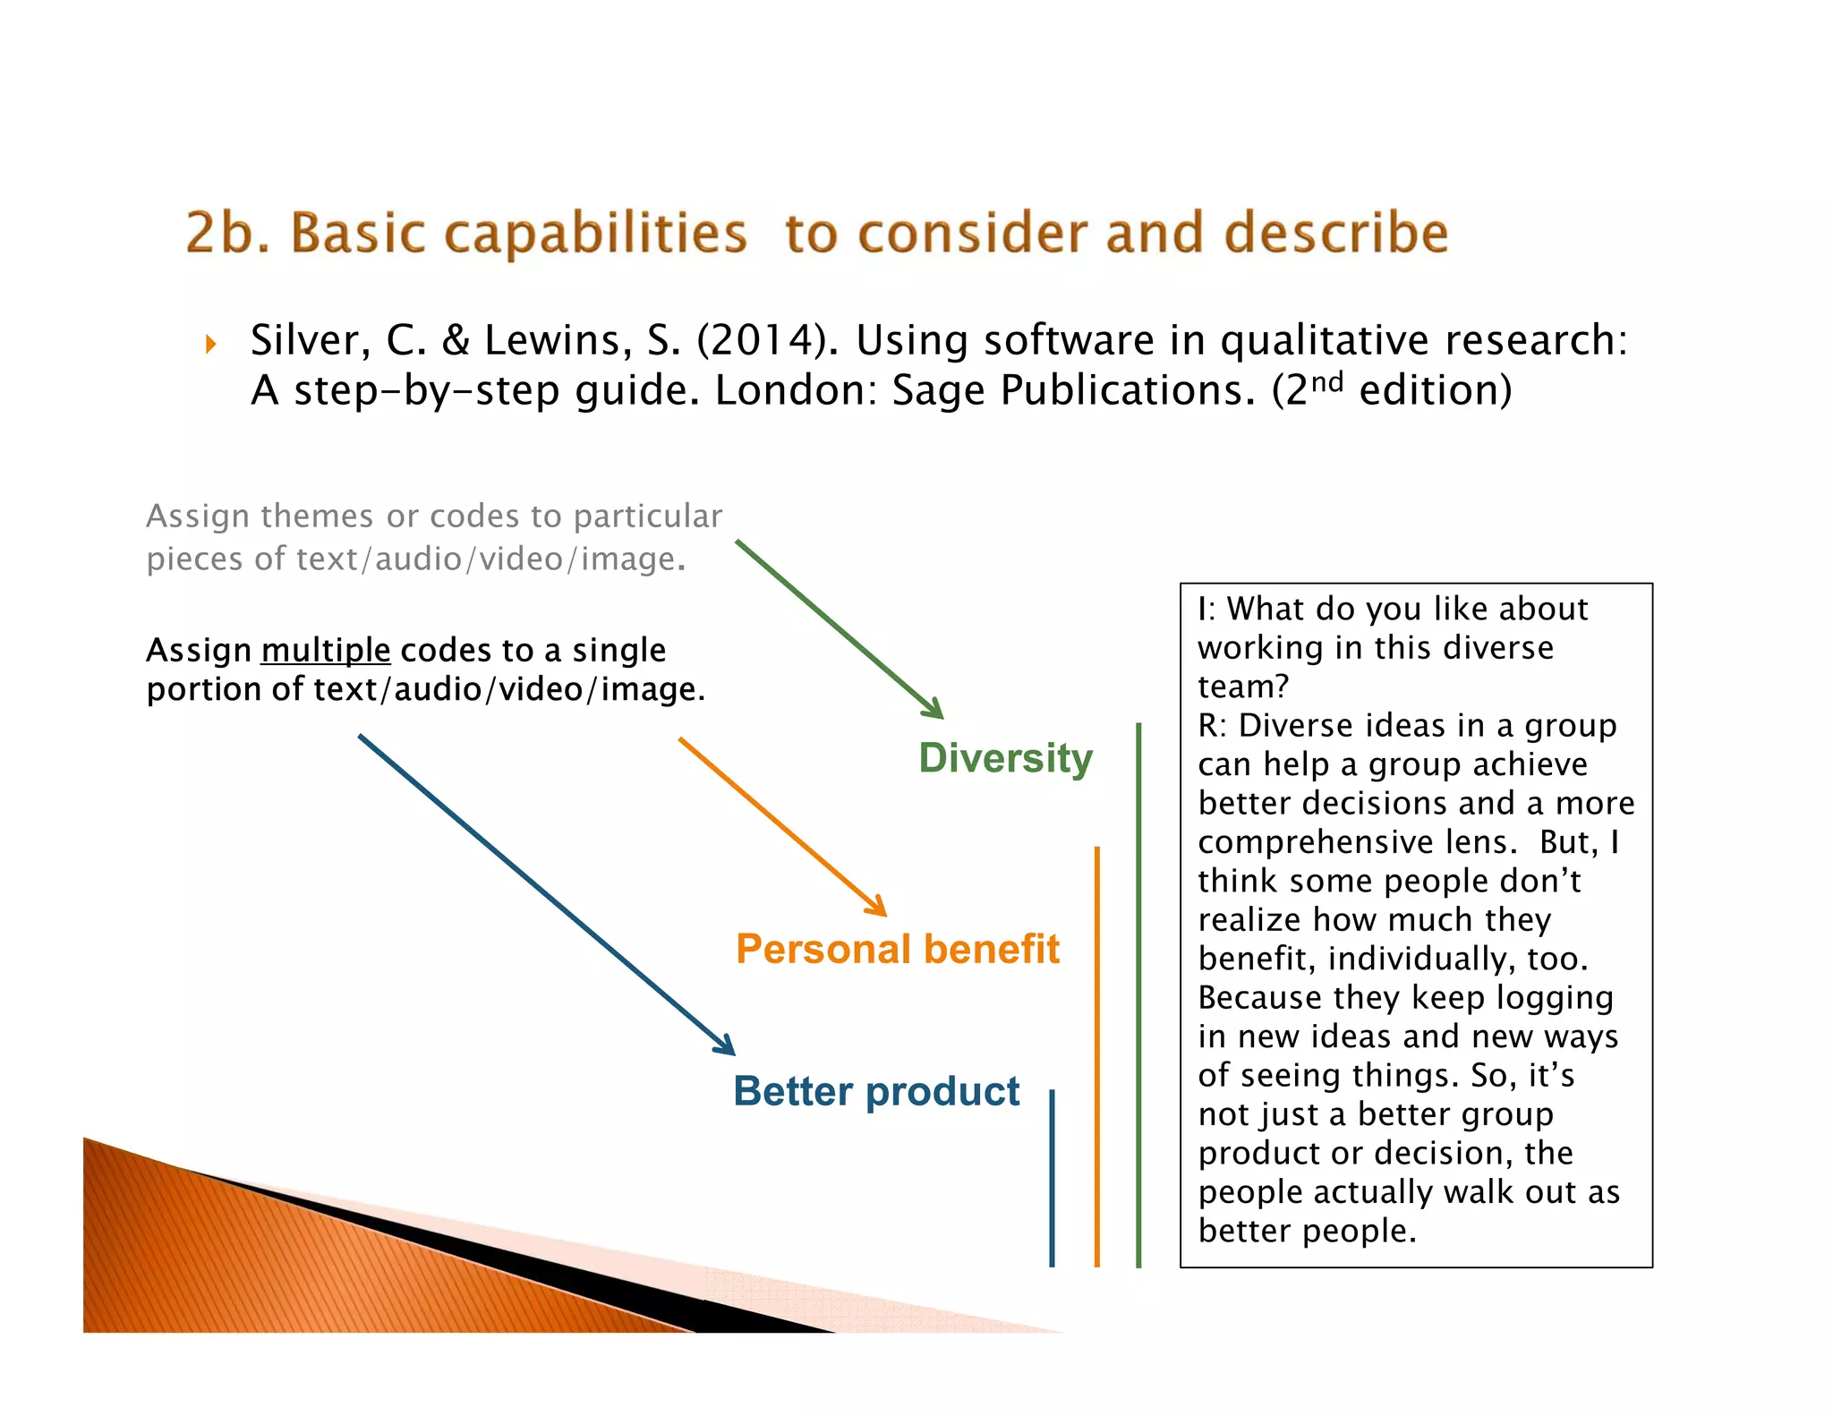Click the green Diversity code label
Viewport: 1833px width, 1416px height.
1005,758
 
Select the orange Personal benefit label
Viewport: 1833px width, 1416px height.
898,949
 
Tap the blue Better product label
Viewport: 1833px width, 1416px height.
876,1091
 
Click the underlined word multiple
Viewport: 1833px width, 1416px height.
326,650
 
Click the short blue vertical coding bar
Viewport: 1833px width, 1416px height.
1052,1177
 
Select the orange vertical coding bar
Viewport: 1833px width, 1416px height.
1096,1056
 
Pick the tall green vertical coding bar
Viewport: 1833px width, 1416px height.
1138,994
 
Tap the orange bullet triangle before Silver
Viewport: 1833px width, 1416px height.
211,344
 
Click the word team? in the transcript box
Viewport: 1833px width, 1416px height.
1243,687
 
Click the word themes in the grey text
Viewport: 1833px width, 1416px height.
317,516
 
